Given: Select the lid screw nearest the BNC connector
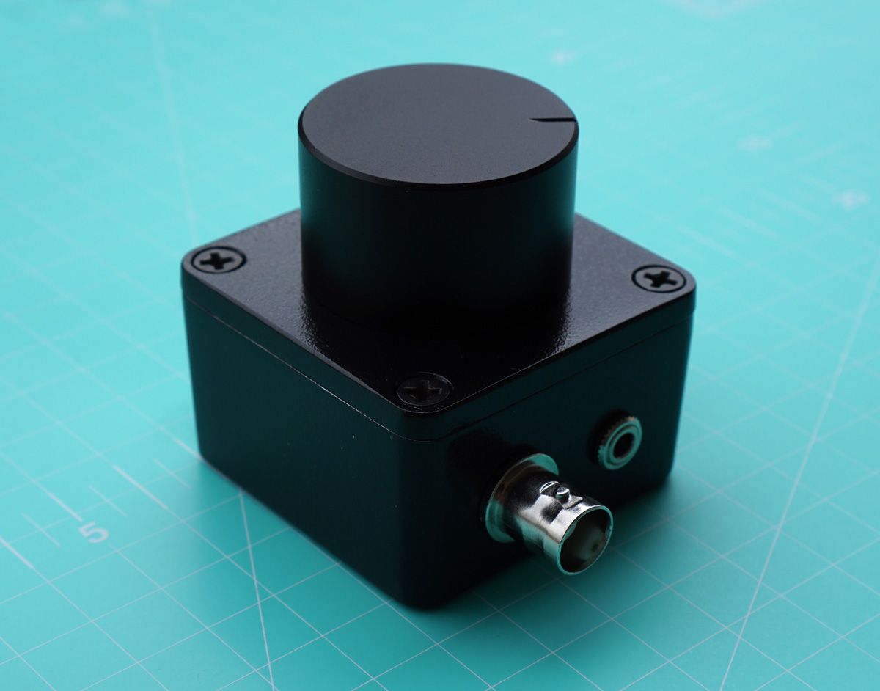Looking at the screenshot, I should tap(424, 390).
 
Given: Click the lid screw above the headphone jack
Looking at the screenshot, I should tap(659, 278).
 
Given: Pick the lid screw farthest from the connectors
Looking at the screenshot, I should tap(218, 259).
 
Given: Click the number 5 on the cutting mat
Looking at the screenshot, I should tap(94, 533).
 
